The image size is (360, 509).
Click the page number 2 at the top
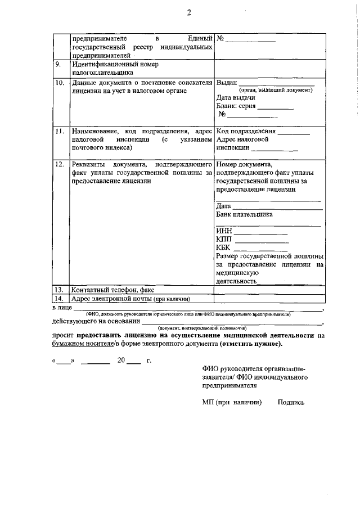tap(189, 12)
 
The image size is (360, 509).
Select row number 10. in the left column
tap(59, 83)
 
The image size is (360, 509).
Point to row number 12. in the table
tap(59, 164)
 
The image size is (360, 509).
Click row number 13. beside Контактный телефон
tap(59, 289)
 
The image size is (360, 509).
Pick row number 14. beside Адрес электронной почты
tap(59, 298)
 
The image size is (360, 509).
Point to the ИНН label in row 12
tap(223, 231)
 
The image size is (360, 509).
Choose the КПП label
tap(224, 240)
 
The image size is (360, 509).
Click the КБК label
tap(223, 248)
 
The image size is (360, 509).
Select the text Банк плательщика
tap(244, 214)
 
